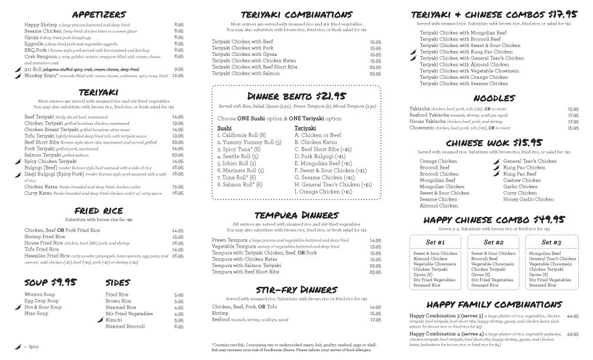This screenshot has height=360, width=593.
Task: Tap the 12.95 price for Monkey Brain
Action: click(178, 76)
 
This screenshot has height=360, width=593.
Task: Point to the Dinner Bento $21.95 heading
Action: click(296, 96)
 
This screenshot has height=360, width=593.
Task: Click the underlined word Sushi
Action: click(224, 128)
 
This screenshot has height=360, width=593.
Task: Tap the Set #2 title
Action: click(494, 242)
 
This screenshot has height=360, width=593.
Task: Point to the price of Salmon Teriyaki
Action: click(178, 155)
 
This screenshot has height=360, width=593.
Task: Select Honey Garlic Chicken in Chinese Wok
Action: click(528, 199)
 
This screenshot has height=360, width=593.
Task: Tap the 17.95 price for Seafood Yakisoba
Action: click(573, 115)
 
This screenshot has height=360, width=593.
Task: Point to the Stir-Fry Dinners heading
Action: click(296, 289)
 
